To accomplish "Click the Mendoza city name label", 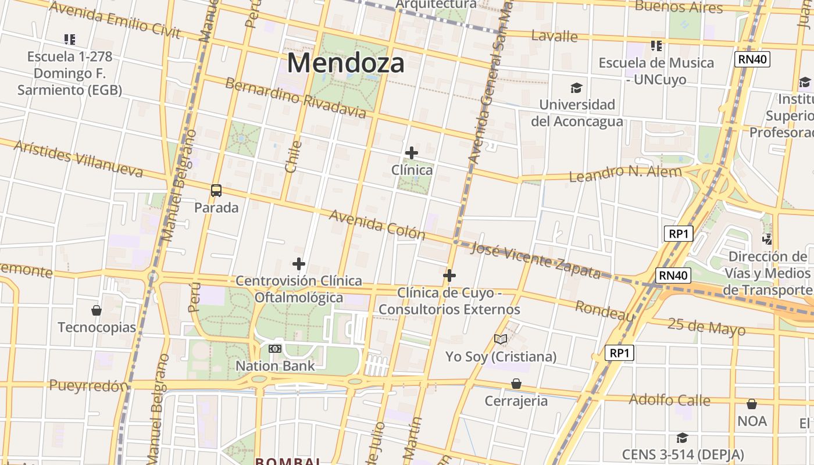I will [x=345, y=63].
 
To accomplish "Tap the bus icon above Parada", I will [x=216, y=190].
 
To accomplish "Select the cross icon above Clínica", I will [x=412, y=153].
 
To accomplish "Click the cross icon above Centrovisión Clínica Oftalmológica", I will [x=299, y=264].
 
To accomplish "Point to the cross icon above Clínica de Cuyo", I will [x=449, y=276].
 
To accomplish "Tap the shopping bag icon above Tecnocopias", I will [x=97, y=310].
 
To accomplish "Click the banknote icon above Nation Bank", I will [x=275, y=349].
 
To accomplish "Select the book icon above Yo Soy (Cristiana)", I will [x=501, y=339].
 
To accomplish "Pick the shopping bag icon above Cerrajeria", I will [x=516, y=384].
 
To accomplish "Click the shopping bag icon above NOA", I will [x=752, y=404].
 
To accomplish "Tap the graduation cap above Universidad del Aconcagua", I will [x=576, y=88].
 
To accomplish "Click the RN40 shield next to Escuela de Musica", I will [x=752, y=59].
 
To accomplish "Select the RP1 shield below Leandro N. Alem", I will [x=679, y=234].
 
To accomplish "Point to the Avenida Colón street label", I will [x=377, y=224].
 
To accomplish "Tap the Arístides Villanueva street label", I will [x=78, y=158].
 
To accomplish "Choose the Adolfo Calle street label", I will [x=669, y=400].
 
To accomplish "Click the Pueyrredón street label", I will [x=88, y=385].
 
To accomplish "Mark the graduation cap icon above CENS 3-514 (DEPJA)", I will [x=682, y=438].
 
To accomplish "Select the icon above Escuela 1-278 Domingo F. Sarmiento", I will [x=70, y=40].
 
